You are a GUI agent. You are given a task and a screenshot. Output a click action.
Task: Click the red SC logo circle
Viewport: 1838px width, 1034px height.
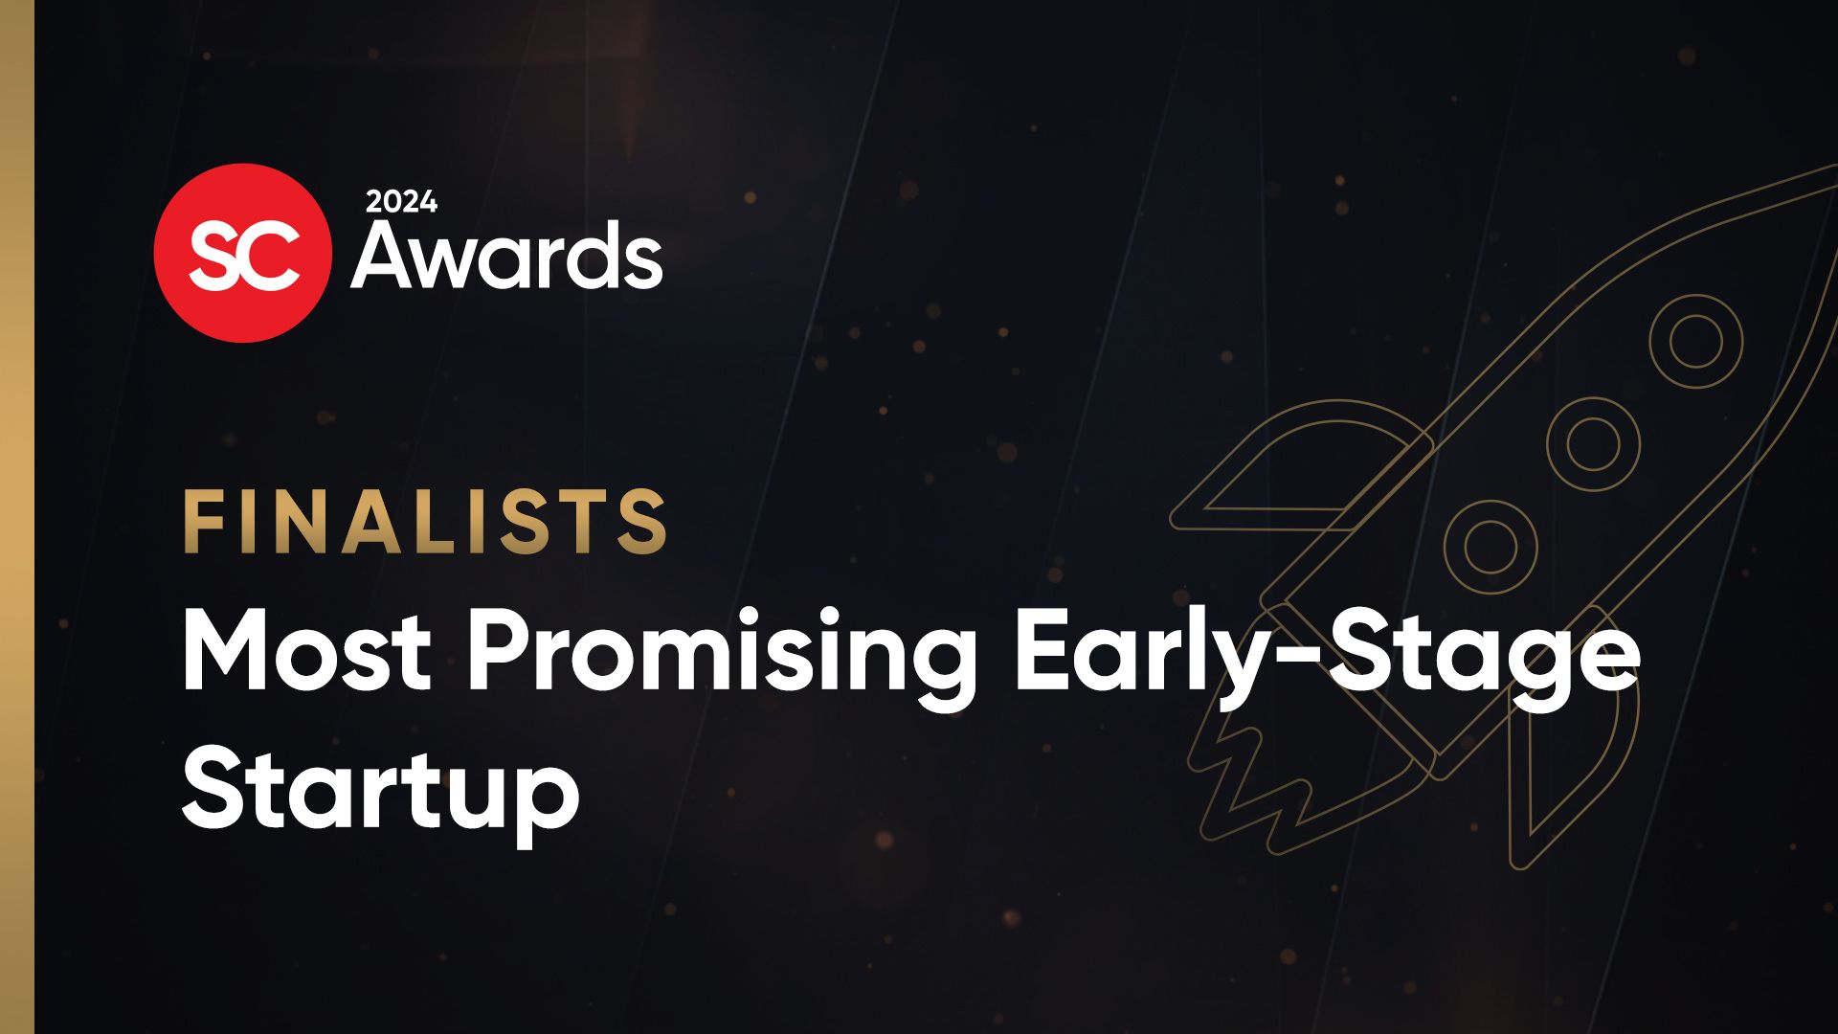[242, 252]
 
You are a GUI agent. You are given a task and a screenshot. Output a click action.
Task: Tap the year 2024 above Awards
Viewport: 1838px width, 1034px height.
[401, 202]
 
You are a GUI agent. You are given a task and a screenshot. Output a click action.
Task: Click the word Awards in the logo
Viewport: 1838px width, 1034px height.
[506, 256]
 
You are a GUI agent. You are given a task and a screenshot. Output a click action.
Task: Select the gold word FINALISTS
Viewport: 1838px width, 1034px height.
[425, 522]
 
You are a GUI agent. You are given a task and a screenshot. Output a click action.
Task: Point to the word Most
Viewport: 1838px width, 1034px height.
[306, 651]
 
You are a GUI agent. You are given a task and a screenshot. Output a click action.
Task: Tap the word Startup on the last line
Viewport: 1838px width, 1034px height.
[380, 793]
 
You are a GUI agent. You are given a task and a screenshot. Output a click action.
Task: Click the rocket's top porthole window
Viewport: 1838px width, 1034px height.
[1695, 342]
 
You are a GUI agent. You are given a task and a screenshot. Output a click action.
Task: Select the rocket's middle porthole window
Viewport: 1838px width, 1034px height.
[1593, 444]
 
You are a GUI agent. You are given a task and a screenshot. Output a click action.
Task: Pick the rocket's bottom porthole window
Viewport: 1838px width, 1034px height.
[1491, 547]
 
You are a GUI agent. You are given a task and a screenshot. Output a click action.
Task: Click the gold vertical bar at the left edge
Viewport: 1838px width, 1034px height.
[16, 517]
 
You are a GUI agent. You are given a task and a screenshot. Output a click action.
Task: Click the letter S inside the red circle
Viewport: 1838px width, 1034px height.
[215, 256]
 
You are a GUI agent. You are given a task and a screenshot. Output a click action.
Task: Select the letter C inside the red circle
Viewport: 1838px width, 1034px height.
[273, 256]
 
